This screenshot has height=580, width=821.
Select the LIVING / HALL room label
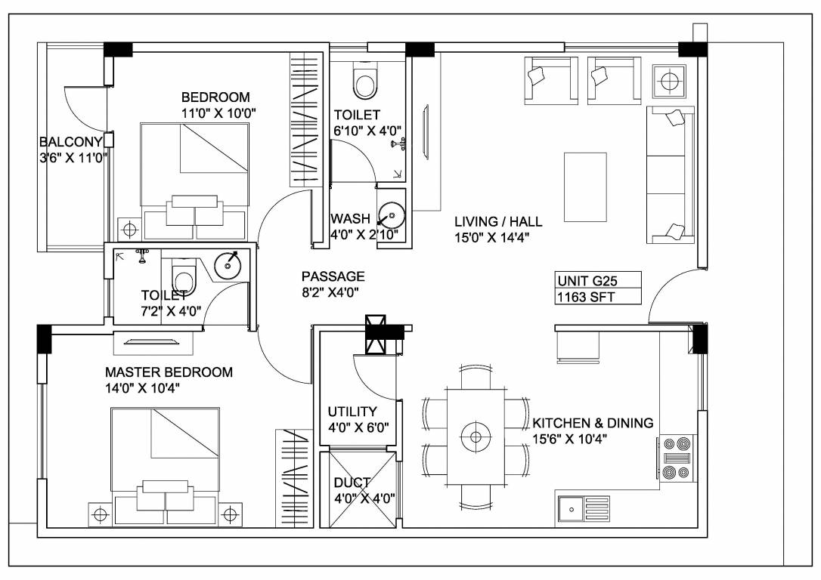497,221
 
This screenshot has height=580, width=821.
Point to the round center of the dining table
476,437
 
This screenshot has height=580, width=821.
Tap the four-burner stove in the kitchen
677,458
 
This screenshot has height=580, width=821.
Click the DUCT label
352,483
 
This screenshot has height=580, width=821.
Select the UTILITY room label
352,412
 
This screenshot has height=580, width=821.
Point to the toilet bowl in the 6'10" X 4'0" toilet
365,82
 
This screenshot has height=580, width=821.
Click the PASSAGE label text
333,276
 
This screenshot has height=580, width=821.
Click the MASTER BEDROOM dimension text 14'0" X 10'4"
142,388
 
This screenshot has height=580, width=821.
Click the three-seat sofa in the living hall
671,175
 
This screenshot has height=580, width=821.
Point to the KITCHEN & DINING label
593,423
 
